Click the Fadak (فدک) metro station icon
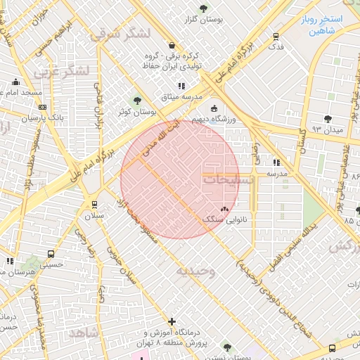click(x=276, y=36)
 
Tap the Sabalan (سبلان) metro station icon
click(x=94, y=205)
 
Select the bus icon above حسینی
click(x=51, y=254)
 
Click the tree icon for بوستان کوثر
click(x=136, y=101)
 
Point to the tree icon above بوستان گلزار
click(x=203, y=8)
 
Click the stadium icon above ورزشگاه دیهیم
click(x=214, y=108)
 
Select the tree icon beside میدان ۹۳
click(x=328, y=118)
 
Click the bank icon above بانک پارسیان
click(x=43, y=108)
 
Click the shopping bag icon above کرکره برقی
click(x=171, y=45)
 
